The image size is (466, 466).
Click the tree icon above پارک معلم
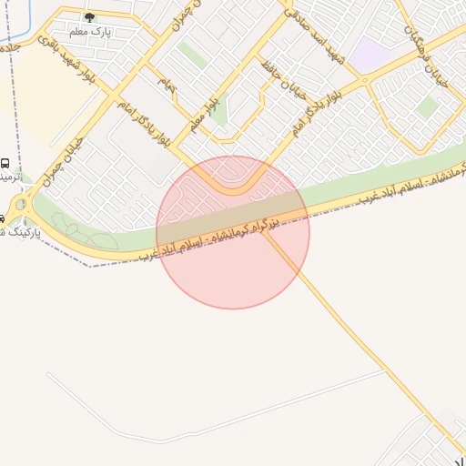(88, 16)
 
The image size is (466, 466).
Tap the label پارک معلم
(99, 30)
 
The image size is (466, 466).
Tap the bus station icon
(5, 163)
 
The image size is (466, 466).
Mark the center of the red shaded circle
(233, 232)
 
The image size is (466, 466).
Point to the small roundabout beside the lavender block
(365, 80)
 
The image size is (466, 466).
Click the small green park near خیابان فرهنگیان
(427, 107)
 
